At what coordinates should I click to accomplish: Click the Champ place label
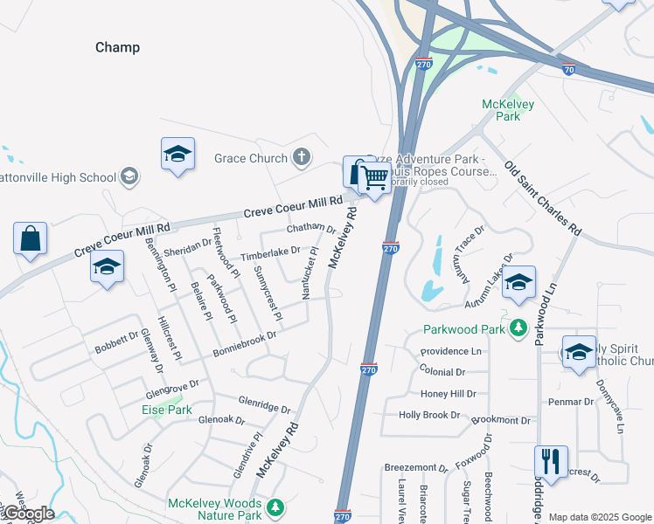(117, 47)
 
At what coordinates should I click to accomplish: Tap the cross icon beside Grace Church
(301, 157)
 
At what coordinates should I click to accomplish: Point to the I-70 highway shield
(568, 68)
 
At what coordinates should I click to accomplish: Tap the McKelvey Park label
(508, 110)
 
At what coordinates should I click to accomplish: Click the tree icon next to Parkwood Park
(518, 328)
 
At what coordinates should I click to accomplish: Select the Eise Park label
(167, 409)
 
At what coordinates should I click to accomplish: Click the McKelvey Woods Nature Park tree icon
(275, 507)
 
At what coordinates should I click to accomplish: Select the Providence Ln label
(450, 351)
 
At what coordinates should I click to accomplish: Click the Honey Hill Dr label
(448, 394)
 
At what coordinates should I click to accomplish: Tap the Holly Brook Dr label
(428, 415)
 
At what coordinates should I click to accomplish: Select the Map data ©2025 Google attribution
(600, 517)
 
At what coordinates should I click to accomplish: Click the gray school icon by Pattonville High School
(129, 177)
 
